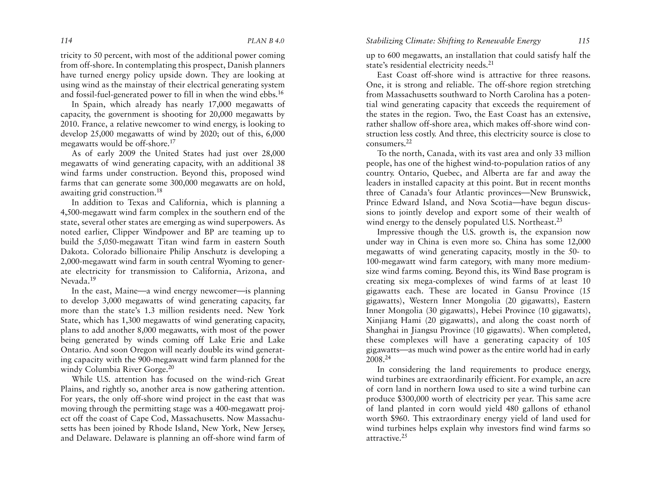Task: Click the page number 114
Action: click(x=66, y=41)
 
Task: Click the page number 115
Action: click(x=584, y=41)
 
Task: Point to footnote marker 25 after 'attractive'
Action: click(x=404, y=436)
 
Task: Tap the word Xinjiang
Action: click(x=380, y=320)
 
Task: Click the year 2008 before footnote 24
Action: click(x=374, y=360)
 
